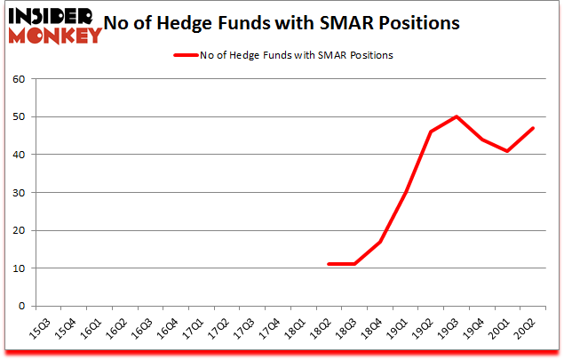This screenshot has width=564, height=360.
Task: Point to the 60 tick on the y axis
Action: click(17, 79)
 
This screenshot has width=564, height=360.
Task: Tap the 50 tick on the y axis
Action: click(17, 116)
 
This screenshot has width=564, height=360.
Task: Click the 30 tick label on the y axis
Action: click(17, 192)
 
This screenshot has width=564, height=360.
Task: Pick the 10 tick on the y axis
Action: click(17, 268)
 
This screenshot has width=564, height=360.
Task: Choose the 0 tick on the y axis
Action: click(20, 306)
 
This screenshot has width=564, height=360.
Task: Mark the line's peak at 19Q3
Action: click(457, 116)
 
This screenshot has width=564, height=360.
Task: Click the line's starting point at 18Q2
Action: click(329, 264)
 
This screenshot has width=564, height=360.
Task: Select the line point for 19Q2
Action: click(431, 132)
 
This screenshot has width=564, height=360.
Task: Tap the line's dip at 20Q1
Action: click(508, 150)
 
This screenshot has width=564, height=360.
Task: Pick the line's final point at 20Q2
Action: click(534, 128)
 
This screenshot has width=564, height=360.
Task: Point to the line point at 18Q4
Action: click(380, 241)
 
